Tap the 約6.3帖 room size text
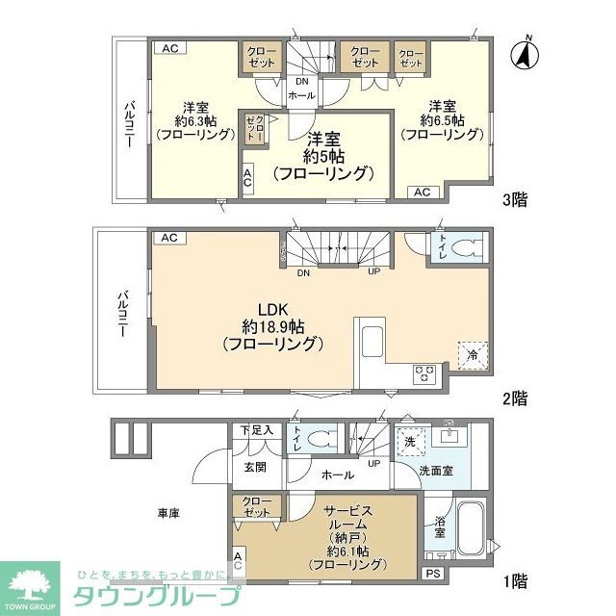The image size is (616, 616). point(195,120)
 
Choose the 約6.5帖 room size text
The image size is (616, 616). point(441,120)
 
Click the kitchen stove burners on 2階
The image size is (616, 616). point(424,374)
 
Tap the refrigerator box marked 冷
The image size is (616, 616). point(471,354)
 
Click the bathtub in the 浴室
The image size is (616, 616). point(471,526)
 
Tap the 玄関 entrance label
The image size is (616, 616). point(254,468)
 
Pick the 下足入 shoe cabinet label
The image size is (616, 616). point(256,429)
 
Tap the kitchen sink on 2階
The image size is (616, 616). point(372,340)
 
